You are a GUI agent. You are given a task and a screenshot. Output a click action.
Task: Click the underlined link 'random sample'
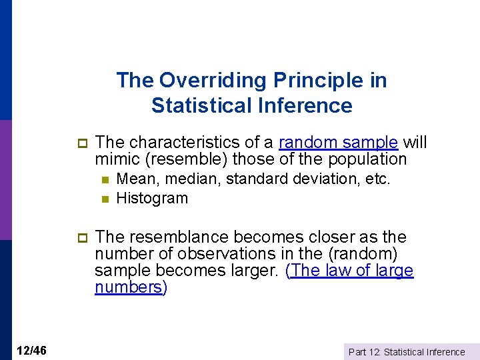point(338,143)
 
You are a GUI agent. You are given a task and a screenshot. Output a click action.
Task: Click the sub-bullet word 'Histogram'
point(152,198)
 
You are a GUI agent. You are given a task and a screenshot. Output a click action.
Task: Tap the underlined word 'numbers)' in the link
point(131,287)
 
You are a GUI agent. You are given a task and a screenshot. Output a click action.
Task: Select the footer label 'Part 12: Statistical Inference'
point(407,351)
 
